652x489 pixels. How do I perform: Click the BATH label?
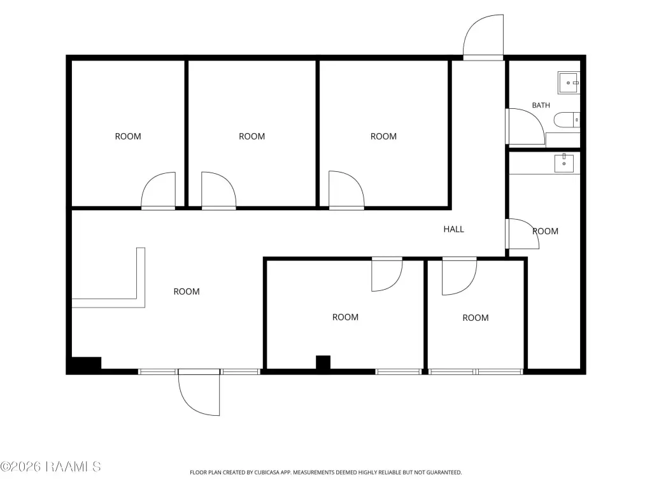click(x=541, y=105)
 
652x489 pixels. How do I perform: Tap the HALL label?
click(x=453, y=229)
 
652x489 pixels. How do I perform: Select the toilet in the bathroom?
click(x=566, y=120)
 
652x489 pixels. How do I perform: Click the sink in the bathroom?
click(x=569, y=83)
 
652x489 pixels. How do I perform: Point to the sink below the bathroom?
click(x=564, y=163)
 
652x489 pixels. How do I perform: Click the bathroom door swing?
click(x=525, y=127)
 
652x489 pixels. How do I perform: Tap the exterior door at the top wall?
click(x=483, y=38)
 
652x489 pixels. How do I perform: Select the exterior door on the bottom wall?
click(x=199, y=392)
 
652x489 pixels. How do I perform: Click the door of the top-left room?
click(x=158, y=191)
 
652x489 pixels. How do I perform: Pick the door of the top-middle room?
click(x=219, y=191)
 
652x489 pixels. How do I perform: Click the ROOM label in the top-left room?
click(x=128, y=136)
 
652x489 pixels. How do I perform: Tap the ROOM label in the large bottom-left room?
click(x=187, y=292)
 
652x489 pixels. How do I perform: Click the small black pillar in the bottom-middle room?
click(x=323, y=362)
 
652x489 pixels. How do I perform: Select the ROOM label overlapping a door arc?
click(x=546, y=231)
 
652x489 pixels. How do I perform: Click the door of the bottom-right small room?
click(x=459, y=276)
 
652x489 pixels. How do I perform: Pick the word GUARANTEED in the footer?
click(x=444, y=472)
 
